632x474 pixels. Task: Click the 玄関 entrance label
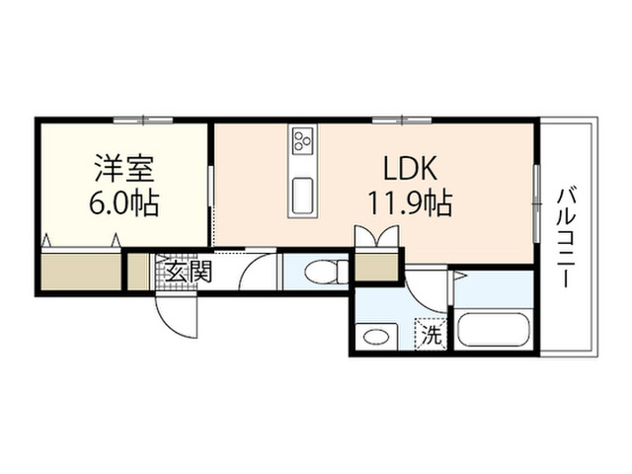coord(189,272)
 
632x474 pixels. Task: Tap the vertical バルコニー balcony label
coord(566,237)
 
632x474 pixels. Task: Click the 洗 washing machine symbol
coord(432,334)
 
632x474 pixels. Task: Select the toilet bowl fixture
coord(327,273)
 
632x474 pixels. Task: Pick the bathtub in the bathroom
coord(493,330)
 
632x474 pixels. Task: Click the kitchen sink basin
coord(302,196)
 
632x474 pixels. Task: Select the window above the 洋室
coord(143,119)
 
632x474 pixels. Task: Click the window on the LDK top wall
coord(402,119)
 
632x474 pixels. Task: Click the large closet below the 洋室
coord(81,271)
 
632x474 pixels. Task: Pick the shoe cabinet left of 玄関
coord(138,272)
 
